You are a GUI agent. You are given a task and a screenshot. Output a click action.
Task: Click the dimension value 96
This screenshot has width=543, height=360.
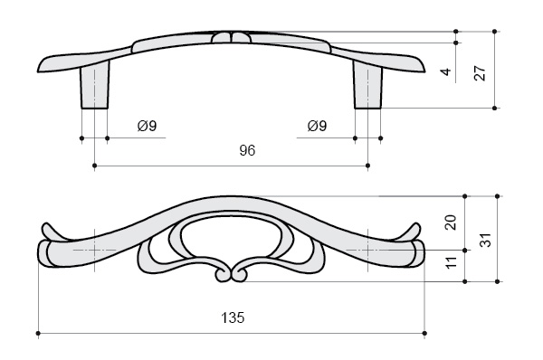coord(247,150)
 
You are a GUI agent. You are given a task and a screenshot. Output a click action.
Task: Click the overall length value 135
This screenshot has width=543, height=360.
coord(233,317)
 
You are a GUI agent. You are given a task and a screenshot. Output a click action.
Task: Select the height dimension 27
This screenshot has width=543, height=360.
coord(481,73)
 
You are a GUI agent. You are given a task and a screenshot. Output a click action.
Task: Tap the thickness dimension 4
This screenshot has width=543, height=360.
coord(446,71)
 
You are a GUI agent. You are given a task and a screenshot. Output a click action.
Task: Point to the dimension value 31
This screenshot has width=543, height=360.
coord(487,240)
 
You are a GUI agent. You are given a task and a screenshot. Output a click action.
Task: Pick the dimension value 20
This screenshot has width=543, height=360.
coord(451,223)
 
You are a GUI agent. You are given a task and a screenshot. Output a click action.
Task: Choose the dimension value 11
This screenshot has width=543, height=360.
coord(451,262)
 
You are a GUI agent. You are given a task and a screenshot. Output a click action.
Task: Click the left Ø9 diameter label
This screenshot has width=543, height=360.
coord(147,126)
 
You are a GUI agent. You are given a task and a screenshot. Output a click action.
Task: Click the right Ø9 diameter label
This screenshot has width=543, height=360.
coord(317,126)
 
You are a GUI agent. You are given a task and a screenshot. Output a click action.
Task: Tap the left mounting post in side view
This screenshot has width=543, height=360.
coord(94,84)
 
